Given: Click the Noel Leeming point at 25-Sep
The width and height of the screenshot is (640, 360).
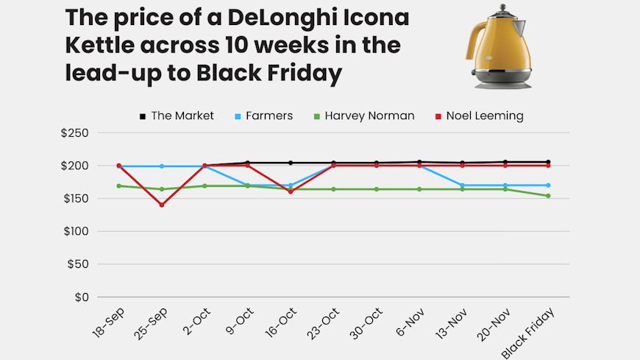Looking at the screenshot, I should tap(162, 205).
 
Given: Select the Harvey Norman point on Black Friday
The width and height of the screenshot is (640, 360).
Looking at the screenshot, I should tap(548, 196).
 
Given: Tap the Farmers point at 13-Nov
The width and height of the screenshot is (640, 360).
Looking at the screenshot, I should tap(462, 186).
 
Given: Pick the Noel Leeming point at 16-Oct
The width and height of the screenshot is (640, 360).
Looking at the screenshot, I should tap(291, 191).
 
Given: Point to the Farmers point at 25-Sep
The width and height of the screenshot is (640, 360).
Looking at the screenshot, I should tap(162, 166).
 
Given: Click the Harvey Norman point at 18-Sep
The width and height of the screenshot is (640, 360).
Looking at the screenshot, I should tap(119, 186).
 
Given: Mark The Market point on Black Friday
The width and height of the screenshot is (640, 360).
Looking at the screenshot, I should tap(548, 162).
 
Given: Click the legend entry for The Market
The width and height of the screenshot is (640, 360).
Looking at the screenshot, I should tap(177, 116).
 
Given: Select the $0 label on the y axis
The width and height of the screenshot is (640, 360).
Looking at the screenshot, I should tap(80, 297).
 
